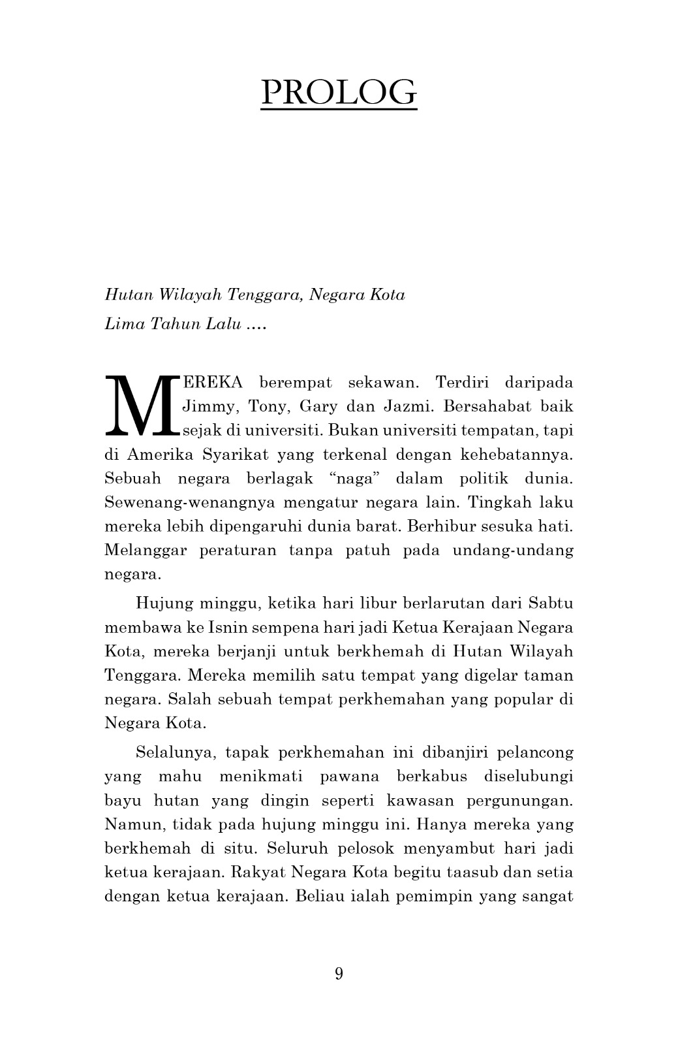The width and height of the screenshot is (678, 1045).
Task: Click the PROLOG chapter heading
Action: (x=339, y=92)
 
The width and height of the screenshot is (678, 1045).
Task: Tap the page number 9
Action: (x=339, y=973)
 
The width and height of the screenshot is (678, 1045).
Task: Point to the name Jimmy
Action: (x=204, y=407)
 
